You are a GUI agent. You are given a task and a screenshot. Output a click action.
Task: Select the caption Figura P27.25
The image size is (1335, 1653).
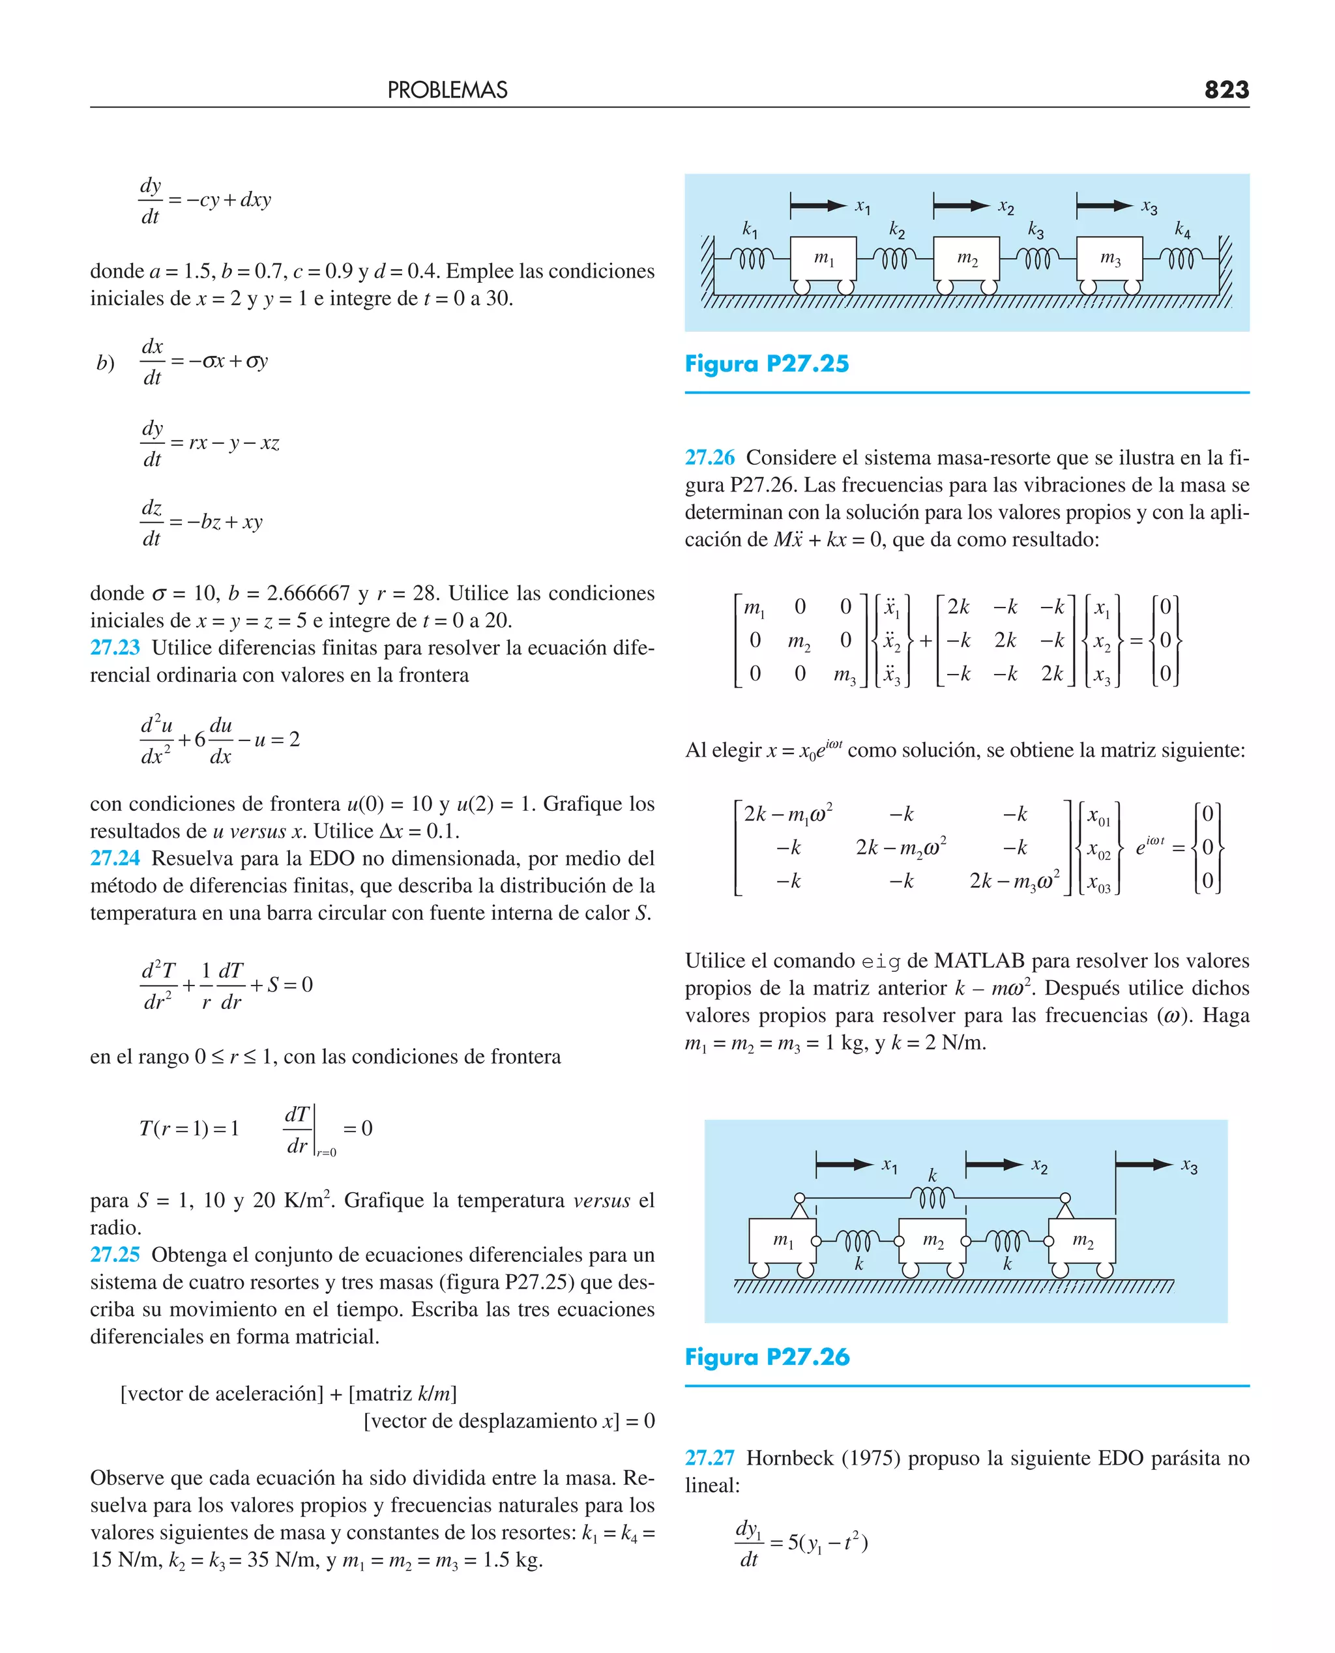766,364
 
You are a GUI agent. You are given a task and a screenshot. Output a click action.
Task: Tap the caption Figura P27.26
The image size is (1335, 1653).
767,1356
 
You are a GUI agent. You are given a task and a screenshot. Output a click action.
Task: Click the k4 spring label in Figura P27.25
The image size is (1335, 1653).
1182,229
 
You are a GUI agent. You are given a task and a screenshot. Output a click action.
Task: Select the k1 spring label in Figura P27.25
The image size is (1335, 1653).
750,229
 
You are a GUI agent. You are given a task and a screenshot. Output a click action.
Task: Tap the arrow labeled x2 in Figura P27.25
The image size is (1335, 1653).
961,205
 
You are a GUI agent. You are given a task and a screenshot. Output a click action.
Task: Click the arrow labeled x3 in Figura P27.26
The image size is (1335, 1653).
1143,1165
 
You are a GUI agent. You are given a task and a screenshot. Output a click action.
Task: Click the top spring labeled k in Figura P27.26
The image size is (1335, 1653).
932,1196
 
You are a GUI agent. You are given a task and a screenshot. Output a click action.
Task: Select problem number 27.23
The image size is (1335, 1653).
115,647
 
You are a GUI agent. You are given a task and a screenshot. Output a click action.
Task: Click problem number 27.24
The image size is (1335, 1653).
115,858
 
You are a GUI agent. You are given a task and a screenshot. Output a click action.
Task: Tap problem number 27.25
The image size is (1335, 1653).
115,1254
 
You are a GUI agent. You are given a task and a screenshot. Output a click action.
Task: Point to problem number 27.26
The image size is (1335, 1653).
709,458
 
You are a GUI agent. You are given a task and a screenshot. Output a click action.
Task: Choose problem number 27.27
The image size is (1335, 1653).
709,1457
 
